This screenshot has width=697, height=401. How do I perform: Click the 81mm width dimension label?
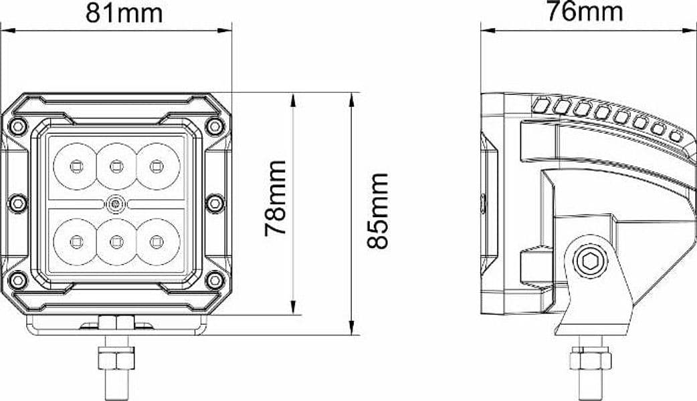[x=124, y=13]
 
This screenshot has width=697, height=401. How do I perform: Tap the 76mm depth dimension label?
[x=584, y=11]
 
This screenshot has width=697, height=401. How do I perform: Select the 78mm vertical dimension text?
[x=275, y=198]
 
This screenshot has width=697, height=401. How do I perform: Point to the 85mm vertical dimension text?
[x=378, y=211]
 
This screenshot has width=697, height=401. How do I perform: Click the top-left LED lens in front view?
[x=75, y=166]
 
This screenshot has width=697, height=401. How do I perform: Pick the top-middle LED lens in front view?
[x=116, y=166]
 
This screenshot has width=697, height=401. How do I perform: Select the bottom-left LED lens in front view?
[x=75, y=241]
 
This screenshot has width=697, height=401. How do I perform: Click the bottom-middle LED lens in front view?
[x=116, y=241]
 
